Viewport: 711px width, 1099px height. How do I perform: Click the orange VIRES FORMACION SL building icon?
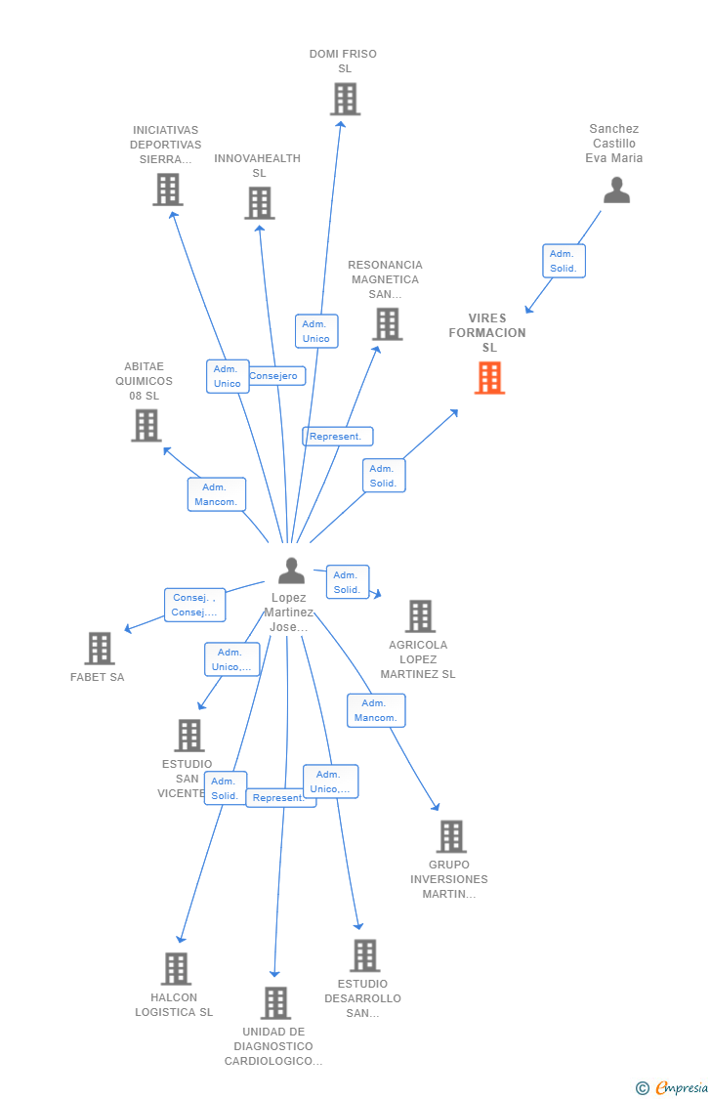tap(489, 377)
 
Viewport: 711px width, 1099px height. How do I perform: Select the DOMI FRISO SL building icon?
tap(345, 99)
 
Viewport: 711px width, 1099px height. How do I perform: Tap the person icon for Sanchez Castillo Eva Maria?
tap(616, 190)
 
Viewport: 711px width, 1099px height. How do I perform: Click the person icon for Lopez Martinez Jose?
tap(291, 570)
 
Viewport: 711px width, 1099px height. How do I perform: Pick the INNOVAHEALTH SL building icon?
tap(259, 203)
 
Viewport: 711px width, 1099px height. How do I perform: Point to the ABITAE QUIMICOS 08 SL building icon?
tap(146, 425)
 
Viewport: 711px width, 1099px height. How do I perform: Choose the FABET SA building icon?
tap(99, 648)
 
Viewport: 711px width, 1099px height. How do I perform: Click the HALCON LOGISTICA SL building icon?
tap(176, 968)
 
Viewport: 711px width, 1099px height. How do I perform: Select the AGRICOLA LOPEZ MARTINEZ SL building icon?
tap(420, 616)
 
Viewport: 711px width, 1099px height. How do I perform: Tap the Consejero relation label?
tap(274, 376)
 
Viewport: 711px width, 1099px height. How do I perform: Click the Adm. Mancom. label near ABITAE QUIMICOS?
tap(216, 494)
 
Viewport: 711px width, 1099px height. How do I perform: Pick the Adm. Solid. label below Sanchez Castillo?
tap(564, 261)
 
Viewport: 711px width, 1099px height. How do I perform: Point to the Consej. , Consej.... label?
tap(194, 605)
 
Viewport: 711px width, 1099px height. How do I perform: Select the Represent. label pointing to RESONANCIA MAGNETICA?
tap(337, 437)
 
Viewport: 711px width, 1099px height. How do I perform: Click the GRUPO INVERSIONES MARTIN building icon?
tap(451, 836)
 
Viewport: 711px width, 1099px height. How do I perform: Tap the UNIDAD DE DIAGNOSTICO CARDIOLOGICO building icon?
tap(275, 1002)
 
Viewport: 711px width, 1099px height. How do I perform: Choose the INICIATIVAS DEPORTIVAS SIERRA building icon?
tap(168, 190)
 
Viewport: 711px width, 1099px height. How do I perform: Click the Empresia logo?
tap(673, 1087)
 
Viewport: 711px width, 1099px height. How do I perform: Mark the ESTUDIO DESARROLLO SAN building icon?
tap(364, 955)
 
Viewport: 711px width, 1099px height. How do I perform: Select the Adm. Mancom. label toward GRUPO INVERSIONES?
tap(376, 710)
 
